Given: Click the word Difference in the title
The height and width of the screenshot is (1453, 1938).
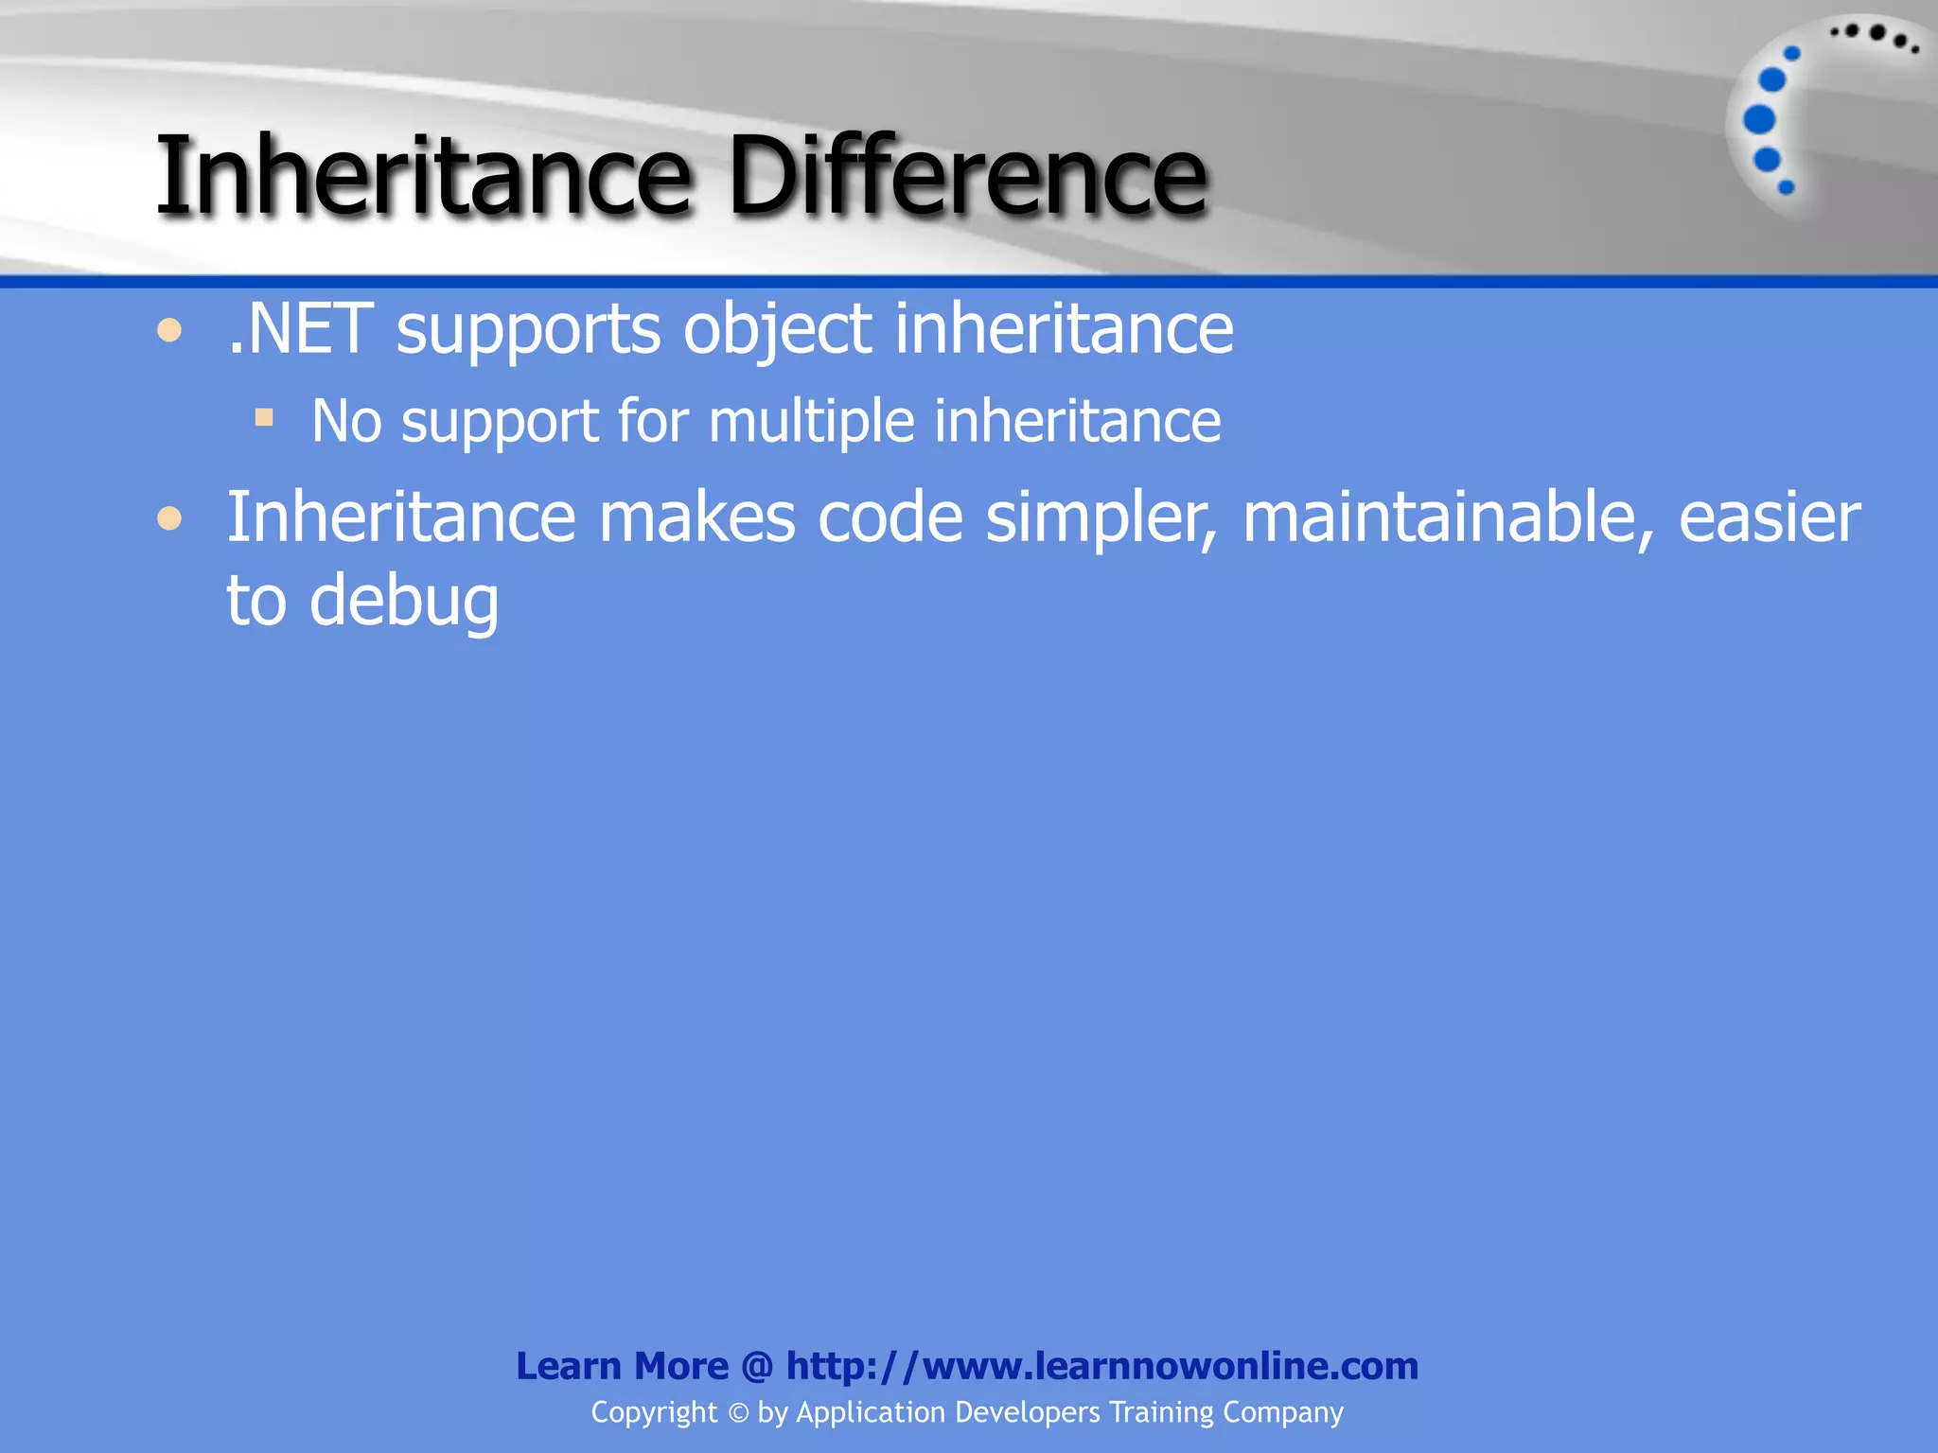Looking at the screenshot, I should [966, 176].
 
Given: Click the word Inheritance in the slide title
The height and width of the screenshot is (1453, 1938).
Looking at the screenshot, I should [423, 176].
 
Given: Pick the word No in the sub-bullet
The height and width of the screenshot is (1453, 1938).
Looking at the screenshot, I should [346, 421].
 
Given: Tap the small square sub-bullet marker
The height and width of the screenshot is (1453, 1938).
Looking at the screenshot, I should [264, 417].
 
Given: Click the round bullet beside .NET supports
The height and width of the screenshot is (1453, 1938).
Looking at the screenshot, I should [169, 331].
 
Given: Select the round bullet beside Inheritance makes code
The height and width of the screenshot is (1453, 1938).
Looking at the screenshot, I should [169, 518].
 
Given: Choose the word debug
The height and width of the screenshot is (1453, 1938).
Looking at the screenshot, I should [404, 603].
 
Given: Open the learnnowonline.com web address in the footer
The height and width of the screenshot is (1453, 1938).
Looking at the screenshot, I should [1102, 1366].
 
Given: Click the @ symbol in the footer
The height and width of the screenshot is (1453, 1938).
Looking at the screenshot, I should [757, 1367].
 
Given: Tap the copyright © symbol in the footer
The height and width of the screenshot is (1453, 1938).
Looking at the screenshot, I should [738, 1412].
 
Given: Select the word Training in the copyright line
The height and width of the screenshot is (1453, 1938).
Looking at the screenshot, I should [1161, 1412].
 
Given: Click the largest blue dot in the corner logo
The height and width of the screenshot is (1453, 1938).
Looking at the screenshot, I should [1759, 119].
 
